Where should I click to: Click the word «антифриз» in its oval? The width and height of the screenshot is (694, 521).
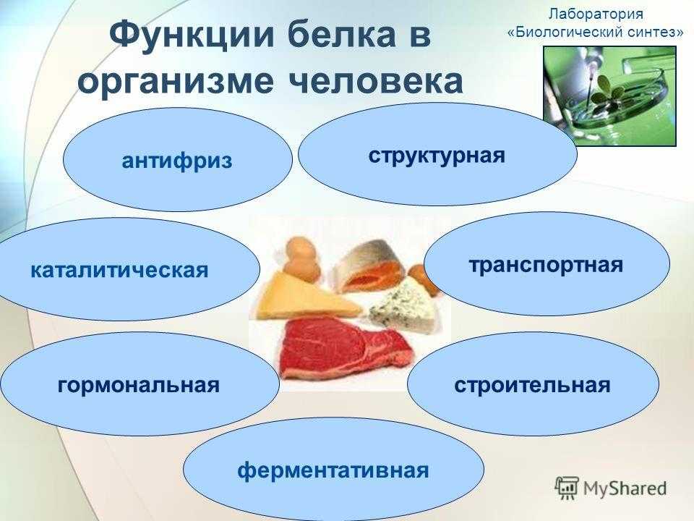coord(177,161)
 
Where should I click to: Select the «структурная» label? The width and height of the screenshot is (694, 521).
coord(437,156)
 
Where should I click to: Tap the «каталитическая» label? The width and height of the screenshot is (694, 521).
coord(119,270)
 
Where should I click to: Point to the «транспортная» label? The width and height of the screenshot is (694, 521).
coord(546,266)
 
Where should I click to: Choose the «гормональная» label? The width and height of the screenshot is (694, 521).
coord(139,385)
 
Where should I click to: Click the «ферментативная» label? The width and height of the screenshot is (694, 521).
coord(333,470)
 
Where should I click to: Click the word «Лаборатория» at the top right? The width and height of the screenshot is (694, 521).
coord(596,14)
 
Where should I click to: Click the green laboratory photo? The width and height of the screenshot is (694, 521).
coord(610,96)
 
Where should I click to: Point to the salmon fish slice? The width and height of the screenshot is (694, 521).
coord(364,265)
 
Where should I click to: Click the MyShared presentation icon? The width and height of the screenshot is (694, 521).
coord(567,488)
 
